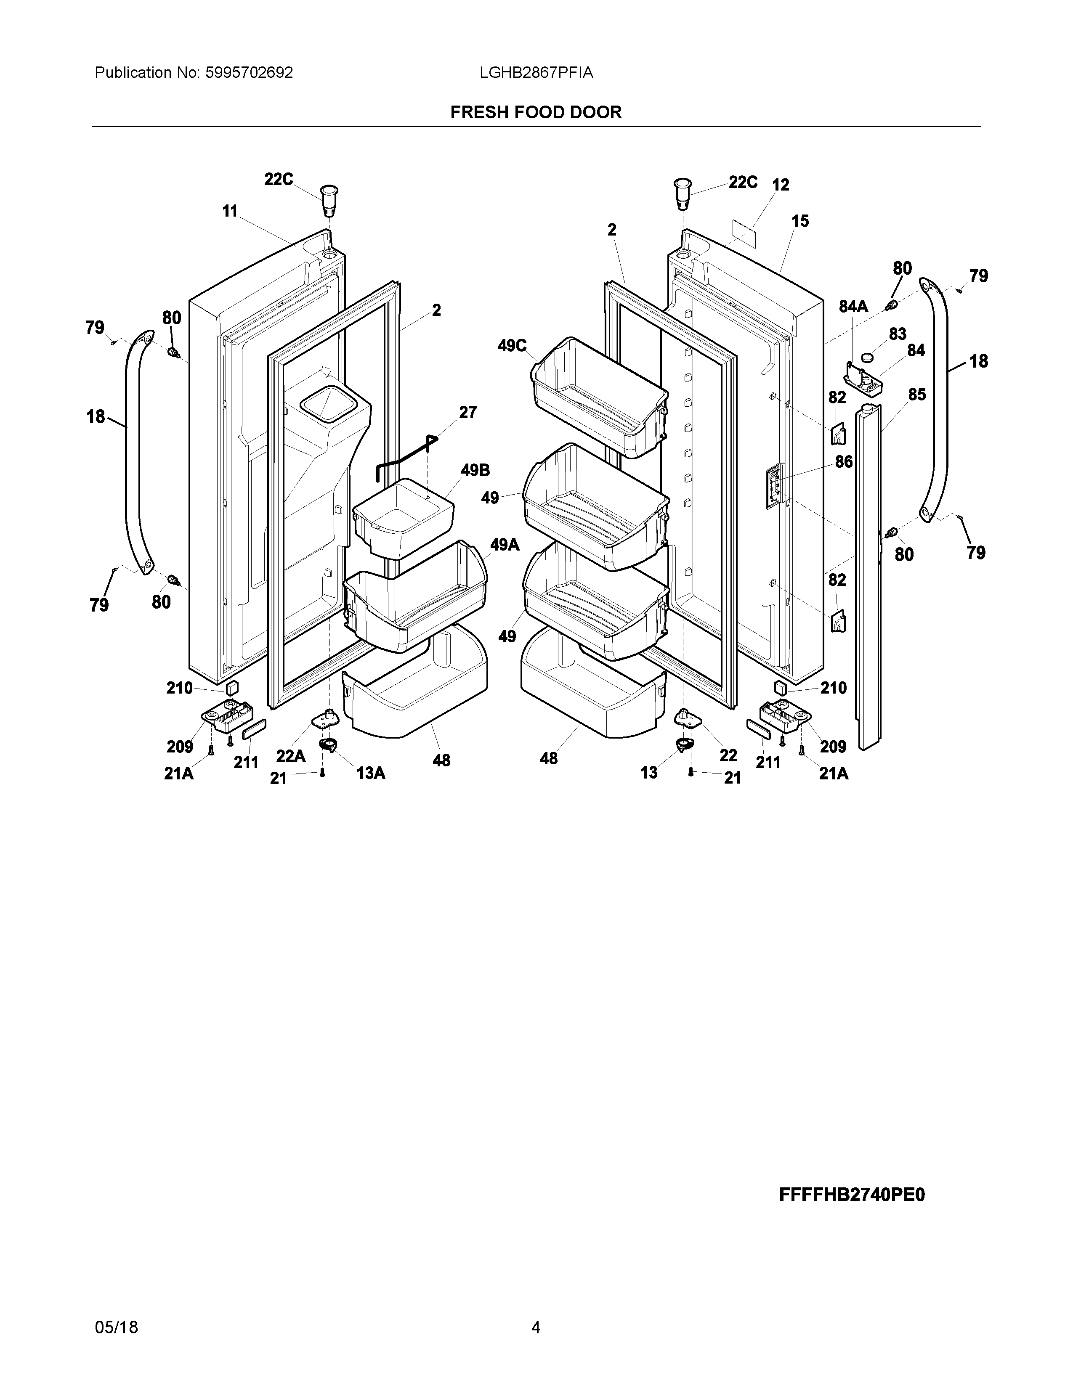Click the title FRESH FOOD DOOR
536,112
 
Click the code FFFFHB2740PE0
852,1195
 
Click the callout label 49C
513,346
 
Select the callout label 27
468,413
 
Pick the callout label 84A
853,307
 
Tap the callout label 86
844,462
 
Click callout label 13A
371,773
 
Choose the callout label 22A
290,756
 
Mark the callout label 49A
505,545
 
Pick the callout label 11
229,211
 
